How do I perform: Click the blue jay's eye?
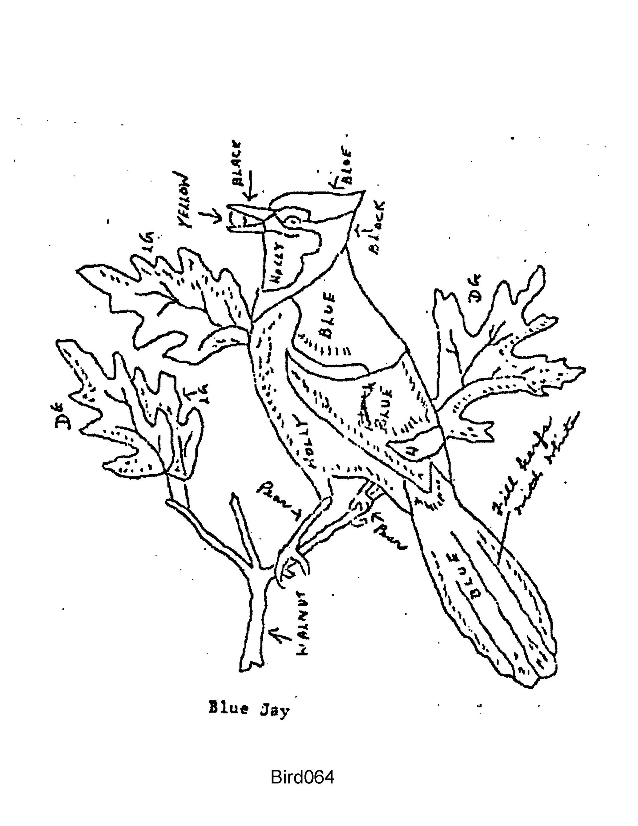pos(293,220)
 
